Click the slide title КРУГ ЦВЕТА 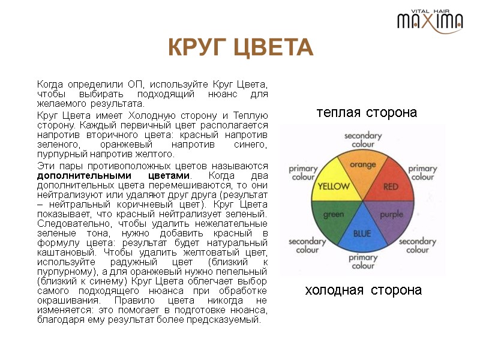click(240, 47)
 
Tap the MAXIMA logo click(430, 22)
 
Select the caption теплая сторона click(367, 112)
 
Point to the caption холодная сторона click(364, 290)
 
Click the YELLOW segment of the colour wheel click(334, 187)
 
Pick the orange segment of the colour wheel click(363, 166)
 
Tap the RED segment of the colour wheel click(391, 187)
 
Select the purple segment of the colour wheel click(391, 214)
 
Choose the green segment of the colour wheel click(334, 214)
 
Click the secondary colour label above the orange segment click(362, 140)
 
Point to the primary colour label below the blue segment click(362, 262)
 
